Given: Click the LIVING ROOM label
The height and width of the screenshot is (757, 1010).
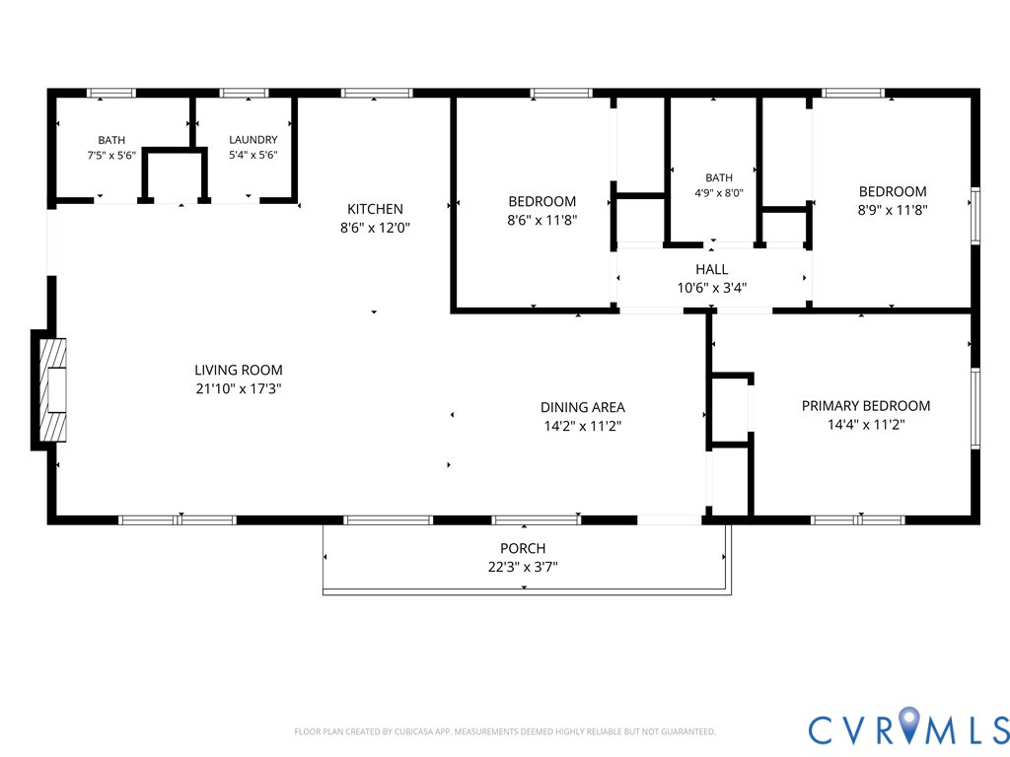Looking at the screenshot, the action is point(239,371).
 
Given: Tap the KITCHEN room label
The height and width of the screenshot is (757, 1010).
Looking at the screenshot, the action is point(375,209).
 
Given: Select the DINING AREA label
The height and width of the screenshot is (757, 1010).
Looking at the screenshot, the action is point(582,407).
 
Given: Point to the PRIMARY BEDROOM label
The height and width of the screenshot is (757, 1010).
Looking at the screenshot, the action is point(866,406).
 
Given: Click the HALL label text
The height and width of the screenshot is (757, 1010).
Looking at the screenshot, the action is point(712,270).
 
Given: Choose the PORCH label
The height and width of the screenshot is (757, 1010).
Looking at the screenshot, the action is point(523,548).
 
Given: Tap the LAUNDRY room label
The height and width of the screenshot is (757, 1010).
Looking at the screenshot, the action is point(253,140).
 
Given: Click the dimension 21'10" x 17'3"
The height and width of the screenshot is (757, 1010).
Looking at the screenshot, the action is point(239,388).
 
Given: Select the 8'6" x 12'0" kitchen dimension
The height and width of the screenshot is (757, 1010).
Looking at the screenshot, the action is point(375,228).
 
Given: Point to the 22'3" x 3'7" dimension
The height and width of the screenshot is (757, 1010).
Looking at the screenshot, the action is point(523,567).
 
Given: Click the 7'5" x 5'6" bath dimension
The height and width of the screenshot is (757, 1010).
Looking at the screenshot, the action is point(111,155).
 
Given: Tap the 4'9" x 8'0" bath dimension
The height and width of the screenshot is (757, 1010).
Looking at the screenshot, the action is point(719,193).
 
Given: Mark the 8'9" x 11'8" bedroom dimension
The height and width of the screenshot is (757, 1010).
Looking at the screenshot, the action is point(893,210).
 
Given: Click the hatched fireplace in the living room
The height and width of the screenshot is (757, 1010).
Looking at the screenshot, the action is point(53,390).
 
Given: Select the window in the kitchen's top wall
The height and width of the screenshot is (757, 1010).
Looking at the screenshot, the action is point(377,94).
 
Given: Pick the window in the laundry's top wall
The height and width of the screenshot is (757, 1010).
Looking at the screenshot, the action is point(245,94).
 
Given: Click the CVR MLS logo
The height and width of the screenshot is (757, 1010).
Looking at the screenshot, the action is point(908,728).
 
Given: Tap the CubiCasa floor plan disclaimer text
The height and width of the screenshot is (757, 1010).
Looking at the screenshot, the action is point(505,732).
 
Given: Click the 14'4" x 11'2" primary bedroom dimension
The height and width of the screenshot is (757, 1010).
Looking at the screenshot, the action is point(866,425).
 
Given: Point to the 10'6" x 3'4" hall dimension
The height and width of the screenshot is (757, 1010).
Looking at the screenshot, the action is point(712,289).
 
